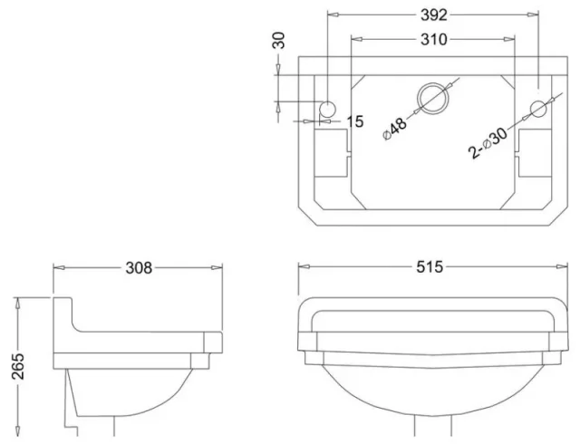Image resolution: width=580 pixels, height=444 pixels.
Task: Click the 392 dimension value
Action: click(x=433, y=15)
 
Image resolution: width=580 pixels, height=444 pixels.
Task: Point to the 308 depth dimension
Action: click(x=139, y=267)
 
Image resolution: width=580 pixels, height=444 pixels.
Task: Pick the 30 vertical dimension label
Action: click(x=278, y=42)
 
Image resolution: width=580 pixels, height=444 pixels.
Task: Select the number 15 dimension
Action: click(x=354, y=121)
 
